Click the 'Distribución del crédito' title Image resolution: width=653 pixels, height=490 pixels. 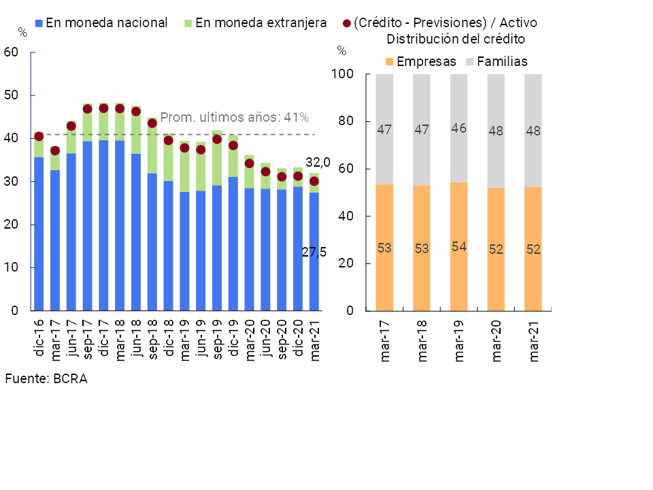[x=455, y=39]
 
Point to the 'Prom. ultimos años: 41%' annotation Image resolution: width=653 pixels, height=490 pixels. [x=234, y=118]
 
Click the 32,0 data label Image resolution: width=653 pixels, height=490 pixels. [x=318, y=162]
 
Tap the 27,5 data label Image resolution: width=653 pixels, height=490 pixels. [x=314, y=252]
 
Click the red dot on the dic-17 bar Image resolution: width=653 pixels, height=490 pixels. [x=103, y=108]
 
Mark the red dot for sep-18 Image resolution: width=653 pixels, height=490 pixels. [x=152, y=123]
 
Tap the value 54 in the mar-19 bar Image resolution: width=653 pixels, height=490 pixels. [x=458, y=246]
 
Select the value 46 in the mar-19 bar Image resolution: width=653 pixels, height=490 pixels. [x=458, y=128]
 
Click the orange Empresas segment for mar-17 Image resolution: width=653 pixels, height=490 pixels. [x=384, y=248]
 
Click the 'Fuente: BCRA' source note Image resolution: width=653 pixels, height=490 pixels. [x=46, y=379]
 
